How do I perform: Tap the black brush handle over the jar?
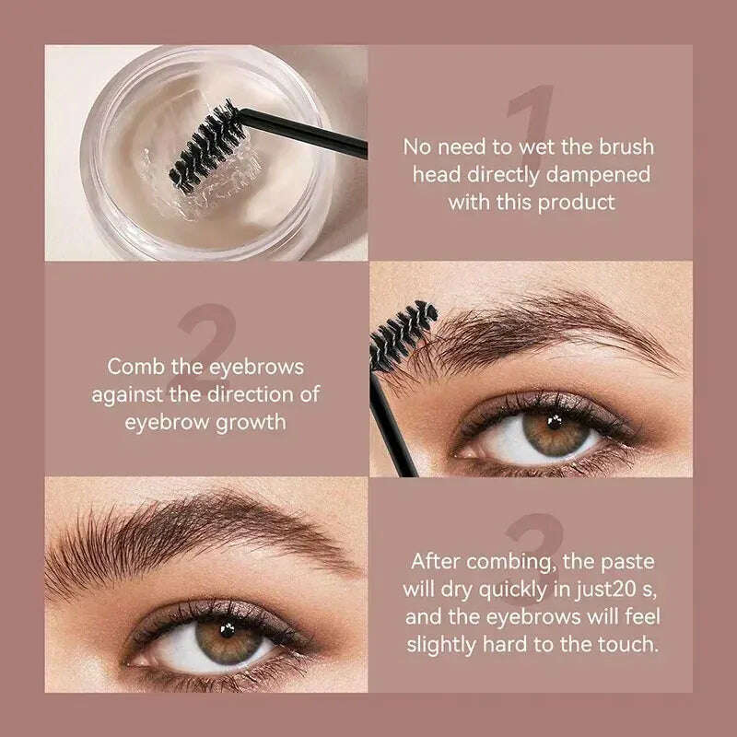[x=304, y=133]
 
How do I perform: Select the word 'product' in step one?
[x=577, y=204]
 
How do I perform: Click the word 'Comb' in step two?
[x=135, y=367]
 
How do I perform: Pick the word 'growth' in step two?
[x=251, y=423]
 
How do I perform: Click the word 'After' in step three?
[x=435, y=561]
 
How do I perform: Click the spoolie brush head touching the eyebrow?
[x=403, y=334]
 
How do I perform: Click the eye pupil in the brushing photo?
[x=555, y=422]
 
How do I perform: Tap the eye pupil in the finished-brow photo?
[x=228, y=630]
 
